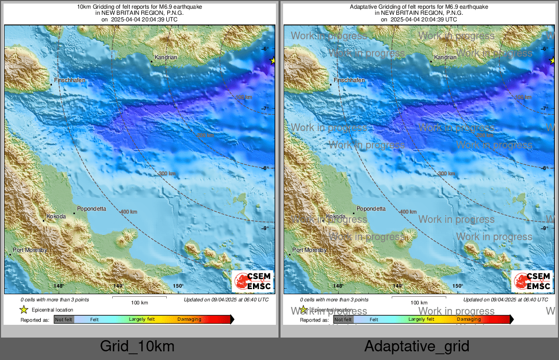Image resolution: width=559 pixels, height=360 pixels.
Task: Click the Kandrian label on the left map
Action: (x=166, y=58)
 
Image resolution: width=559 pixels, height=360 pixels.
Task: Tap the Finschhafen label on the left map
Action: (x=70, y=81)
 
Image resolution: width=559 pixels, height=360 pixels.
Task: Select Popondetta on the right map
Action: (x=371, y=209)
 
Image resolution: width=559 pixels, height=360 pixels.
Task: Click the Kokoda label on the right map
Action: (x=335, y=217)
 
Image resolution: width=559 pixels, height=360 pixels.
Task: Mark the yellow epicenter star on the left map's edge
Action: (x=272, y=61)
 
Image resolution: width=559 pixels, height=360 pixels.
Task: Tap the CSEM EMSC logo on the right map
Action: (x=532, y=281)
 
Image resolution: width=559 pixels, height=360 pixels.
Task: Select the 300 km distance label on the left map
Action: (x=167, y=173)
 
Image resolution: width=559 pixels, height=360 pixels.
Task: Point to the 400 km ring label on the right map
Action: (x=408, y=212)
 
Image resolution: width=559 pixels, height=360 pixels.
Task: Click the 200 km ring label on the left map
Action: (x=206, y=135)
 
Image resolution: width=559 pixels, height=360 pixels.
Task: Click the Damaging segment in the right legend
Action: (x=469, y=319)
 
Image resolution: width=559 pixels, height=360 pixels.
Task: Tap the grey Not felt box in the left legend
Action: (x=64, y=319)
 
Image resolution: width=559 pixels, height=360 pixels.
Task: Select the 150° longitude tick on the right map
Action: (x=458, y=286)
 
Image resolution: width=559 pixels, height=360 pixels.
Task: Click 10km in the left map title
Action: (x=84, y=7)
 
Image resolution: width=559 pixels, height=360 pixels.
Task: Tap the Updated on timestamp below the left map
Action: (x=226, y=300)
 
